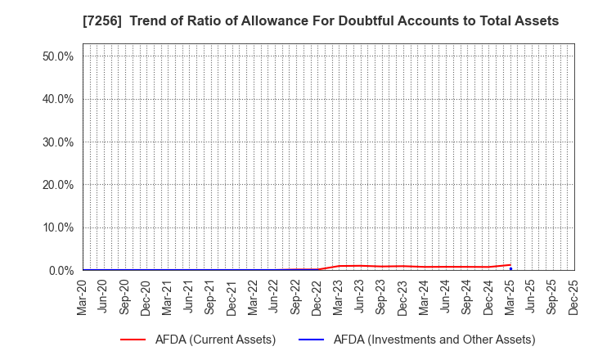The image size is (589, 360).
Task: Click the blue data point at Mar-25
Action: [510, 269]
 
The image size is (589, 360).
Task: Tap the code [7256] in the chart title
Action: [102, 21]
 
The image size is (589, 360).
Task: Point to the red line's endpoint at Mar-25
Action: [510, 265]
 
